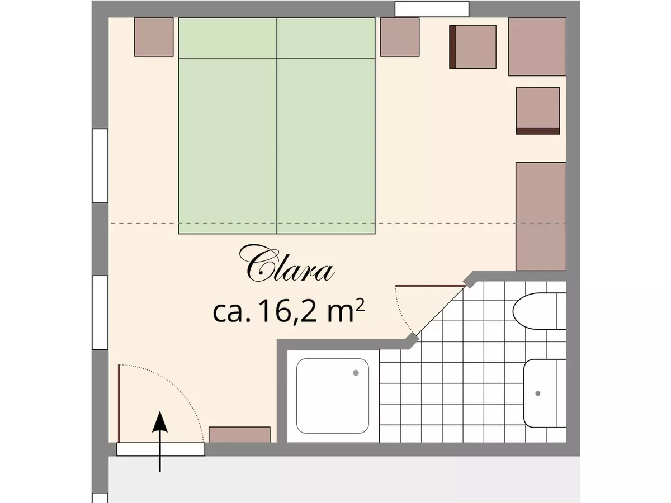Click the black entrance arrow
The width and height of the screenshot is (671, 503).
(x=160, y=442)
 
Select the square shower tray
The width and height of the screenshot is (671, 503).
(x=333, y=396)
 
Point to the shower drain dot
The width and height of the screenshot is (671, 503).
(x=356, y=373)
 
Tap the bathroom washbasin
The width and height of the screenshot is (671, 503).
(x=545, y=393)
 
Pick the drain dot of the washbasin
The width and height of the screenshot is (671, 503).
(x=538, y=393)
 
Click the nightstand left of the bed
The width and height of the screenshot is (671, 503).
(x=154, y=37)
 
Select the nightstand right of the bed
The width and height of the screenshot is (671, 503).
(x=400, y=37)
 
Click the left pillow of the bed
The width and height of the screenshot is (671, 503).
(x=228, y=37)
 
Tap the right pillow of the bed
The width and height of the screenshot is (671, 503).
(x=326, y=37)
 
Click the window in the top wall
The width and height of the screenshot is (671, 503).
(x=432, y=9)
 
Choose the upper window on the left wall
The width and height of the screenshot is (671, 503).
(x=100, y=165)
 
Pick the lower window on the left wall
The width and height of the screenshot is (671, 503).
(x=100, y=312)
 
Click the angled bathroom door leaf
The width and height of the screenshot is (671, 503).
(x=430, y=286)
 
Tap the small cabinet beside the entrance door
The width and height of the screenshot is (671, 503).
(x=239, y=434)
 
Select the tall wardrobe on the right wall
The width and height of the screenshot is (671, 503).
(x=541, y=216)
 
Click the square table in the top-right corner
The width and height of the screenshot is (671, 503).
(x=537, y=46)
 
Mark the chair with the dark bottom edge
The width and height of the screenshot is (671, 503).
(x=537, y=111)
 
